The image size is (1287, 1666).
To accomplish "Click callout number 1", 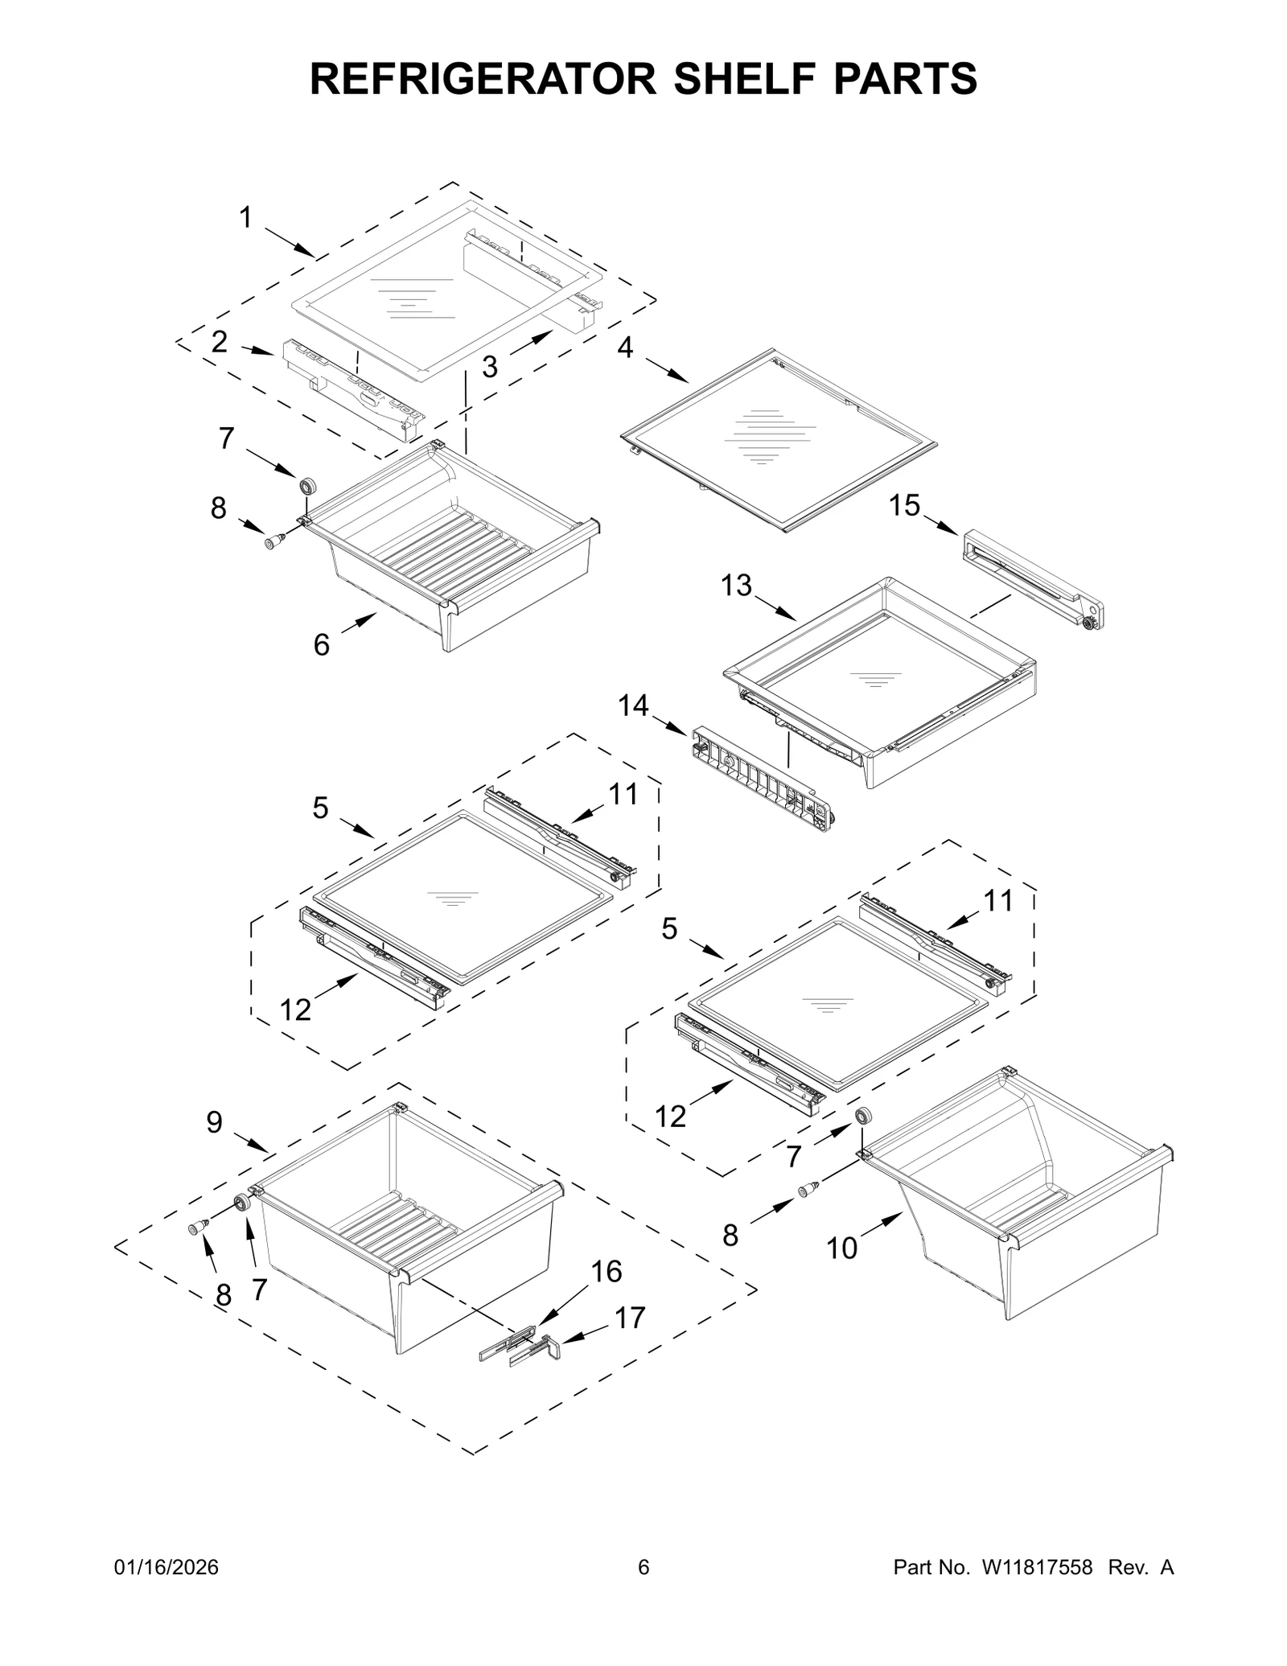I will click(245, 218).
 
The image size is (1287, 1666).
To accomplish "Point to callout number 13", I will click(735, 585).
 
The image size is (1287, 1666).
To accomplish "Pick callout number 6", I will click(321, 644).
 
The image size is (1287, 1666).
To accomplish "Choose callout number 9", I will click(214, 1121).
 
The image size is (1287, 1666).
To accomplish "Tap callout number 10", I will click(841, 1248).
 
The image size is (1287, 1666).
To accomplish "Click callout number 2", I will click(219, 342).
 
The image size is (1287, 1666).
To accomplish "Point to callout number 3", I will click(489, 367).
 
